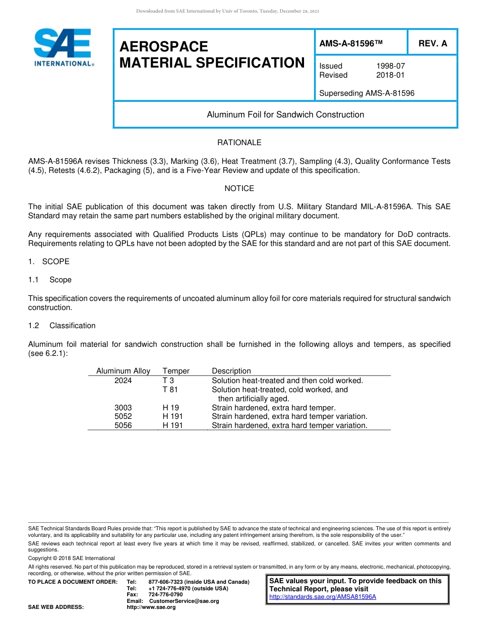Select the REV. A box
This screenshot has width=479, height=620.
[432, 44]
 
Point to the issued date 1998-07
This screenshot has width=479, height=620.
[390, 66]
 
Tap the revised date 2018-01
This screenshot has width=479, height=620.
[390, 75]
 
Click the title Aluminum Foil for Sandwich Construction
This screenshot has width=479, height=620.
[285, 114]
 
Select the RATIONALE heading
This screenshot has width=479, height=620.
[239, 143]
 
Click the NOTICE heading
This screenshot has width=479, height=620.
[239, 189]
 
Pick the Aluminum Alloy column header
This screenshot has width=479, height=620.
[123, 371]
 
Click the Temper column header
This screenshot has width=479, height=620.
[176, 371]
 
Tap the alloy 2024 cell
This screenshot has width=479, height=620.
[123, 381]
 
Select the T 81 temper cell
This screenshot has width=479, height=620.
[170, 390]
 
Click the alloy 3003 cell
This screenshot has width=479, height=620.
[123, 407]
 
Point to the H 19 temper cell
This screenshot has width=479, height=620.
[170, 407]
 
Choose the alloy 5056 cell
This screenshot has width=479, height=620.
[123, 425]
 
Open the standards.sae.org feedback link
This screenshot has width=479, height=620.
[323, 597]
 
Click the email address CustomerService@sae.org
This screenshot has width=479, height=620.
[184, 601]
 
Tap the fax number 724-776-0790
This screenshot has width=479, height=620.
[165, 594]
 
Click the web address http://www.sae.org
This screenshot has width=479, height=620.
[151, 607]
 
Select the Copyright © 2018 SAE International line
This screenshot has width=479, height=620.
[72, 558]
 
